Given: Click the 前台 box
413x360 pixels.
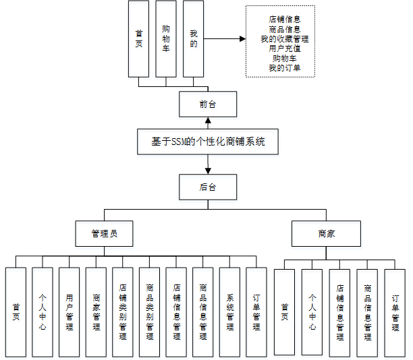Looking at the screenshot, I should pos(208,105).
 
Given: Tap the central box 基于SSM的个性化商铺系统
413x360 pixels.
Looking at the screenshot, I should pos(208,142).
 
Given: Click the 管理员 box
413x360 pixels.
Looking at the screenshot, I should pos(104,234).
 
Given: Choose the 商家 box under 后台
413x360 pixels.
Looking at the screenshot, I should pos(327,234).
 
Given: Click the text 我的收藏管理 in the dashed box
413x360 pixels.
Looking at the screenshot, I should pos(284,39).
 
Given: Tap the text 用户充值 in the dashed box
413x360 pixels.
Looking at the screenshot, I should pos(284,49).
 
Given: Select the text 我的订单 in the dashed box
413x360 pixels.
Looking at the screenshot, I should pos(284,67).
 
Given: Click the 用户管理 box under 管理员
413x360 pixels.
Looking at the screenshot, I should pos(70,312).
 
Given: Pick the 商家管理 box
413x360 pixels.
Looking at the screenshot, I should pos(97,312).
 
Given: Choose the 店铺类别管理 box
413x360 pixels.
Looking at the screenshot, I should pos(123,312).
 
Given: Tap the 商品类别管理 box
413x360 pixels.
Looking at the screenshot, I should pos(150,312).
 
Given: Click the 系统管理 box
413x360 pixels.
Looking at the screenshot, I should pos(230,312).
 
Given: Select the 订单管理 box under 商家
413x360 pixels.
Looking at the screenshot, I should pos(395,312).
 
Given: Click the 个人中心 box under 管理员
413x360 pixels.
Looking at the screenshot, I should pos(43,312).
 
